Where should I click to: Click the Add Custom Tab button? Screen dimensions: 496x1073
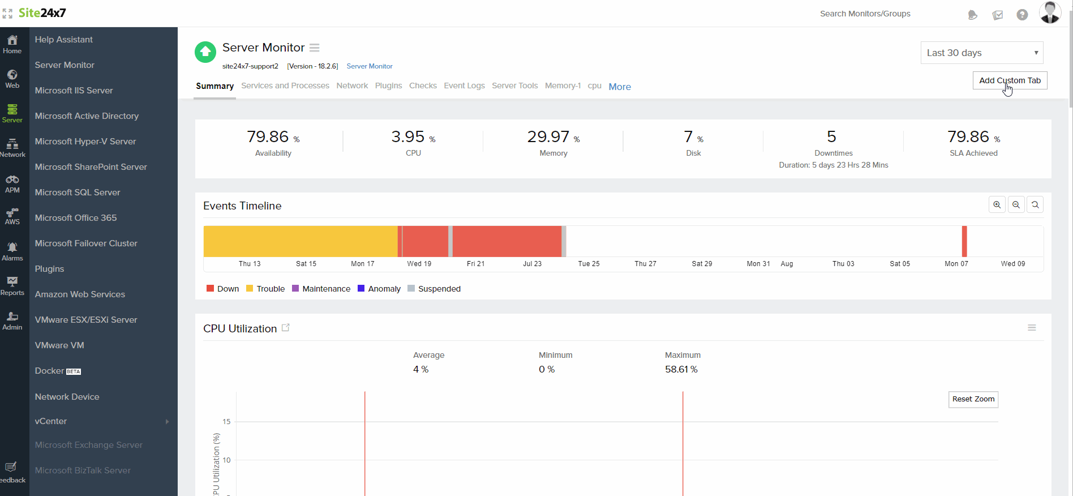click(x=1010, y=80)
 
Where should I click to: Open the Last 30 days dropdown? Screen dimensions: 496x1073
click(x=981, y=53)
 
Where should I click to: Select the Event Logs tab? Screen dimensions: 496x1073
click(x=464, y=85)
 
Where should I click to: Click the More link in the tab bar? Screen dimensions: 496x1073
click(x=620, y=87)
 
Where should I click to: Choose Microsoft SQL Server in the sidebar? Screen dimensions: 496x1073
click(x=78, y=193)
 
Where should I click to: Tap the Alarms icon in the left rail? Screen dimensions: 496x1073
click(x=12, y=251)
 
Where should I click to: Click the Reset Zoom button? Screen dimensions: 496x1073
click(x=973, y=399)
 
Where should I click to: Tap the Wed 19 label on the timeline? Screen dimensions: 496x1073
click(x=419, y=264)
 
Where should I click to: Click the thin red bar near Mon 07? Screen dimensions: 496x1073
click(x=964, y=241)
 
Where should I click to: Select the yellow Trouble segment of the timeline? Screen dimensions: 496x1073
click(x=300, y=241)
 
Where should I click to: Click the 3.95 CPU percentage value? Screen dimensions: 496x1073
click(x=408, y=137)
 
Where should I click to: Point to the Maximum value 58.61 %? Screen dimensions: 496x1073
click(x=681, y=369)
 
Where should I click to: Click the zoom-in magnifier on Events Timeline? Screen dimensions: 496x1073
click(x=997, y=205)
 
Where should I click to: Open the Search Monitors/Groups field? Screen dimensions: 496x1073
click(x=865, y=14)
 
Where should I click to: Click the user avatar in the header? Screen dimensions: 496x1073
click(x=1050, y=12)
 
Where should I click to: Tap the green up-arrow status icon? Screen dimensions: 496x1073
click(x=205, y=52)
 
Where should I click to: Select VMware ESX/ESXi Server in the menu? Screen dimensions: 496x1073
click(x=86, y=320)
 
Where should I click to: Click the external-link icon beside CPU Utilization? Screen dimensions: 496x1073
click(x=286, y=328)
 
